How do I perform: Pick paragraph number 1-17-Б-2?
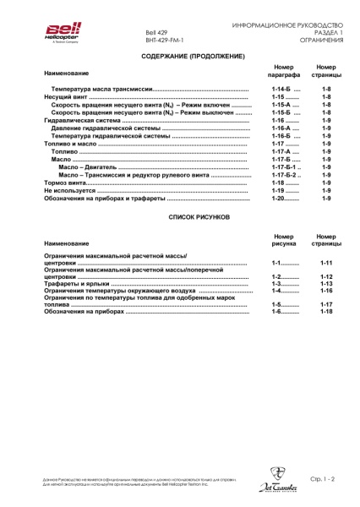click(x=284, y=175)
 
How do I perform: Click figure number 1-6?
click(x=275, y=312)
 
